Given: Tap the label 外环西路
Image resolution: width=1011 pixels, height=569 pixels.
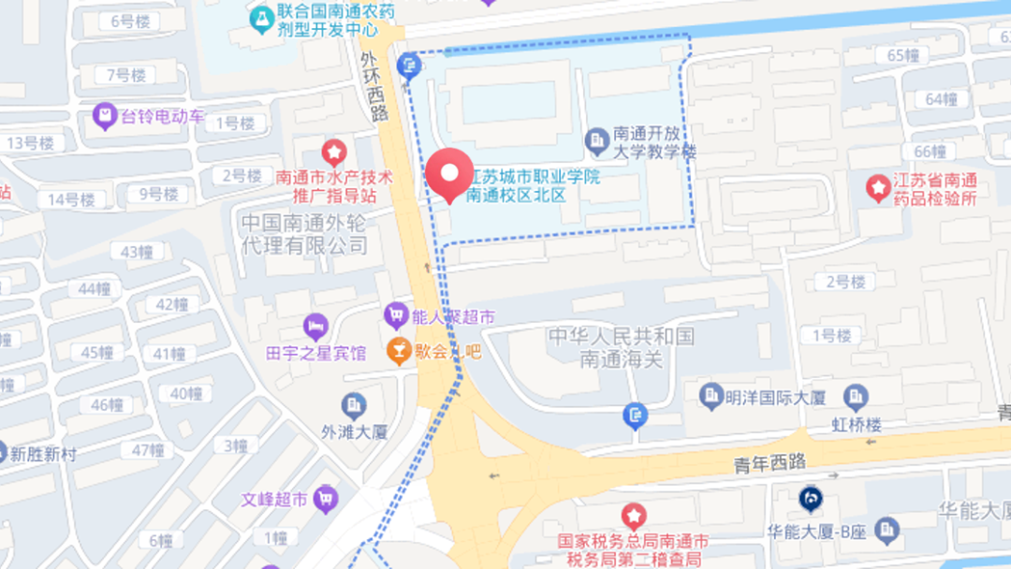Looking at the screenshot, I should click(x=376, y=85).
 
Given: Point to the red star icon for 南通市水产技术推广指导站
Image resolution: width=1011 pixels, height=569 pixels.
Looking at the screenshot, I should click(x=334, y=152).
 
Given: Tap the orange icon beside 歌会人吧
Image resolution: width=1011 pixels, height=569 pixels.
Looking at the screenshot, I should click(x=399, y=351).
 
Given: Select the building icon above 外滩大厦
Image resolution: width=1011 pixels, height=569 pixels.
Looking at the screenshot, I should click(x=354, y=405).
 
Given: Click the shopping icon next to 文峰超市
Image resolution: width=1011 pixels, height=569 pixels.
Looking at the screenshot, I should click(x=326, y=498).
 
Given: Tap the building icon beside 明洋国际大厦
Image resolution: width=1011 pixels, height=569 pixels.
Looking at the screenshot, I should click(x=711, y=396).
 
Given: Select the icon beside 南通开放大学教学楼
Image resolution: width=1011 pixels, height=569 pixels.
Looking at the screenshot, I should click(x=597, y=141).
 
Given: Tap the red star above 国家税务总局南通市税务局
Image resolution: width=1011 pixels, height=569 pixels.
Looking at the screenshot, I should click(x=634, y=515).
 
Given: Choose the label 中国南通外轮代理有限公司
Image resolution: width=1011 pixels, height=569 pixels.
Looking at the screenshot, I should click(x=305, y=234).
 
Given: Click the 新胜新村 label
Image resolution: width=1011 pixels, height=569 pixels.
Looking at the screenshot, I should click(x=44, y=455).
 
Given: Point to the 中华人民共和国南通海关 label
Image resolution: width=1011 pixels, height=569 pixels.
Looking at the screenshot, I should click(x=622, y=346).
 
